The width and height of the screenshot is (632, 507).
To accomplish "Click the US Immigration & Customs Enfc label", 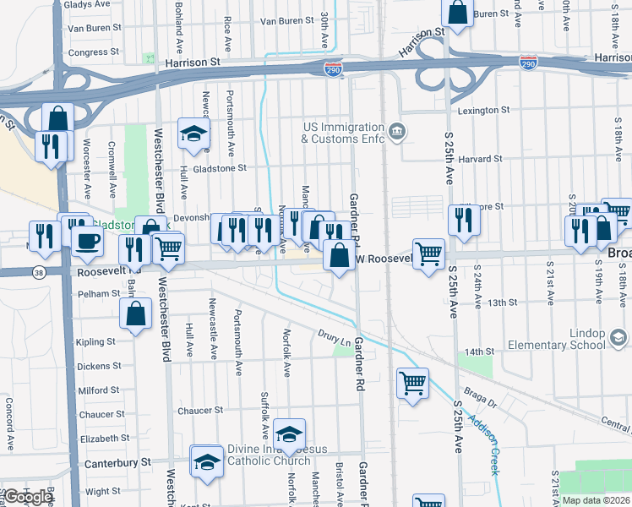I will pos(342,133).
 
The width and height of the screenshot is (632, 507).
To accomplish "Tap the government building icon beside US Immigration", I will pos(397,133).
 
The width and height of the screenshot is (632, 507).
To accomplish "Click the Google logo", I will pos(28,497).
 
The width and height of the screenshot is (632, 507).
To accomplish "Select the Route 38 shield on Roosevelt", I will pos(40,272).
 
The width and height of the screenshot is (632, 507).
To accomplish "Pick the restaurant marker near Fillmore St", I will pos(463,219).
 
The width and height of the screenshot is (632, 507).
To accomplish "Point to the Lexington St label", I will pos(483,111).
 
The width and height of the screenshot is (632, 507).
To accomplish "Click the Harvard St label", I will pos(482,158).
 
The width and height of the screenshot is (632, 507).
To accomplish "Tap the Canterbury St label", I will pos(116,462).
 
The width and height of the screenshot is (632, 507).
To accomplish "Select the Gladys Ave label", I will pos(87,4).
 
